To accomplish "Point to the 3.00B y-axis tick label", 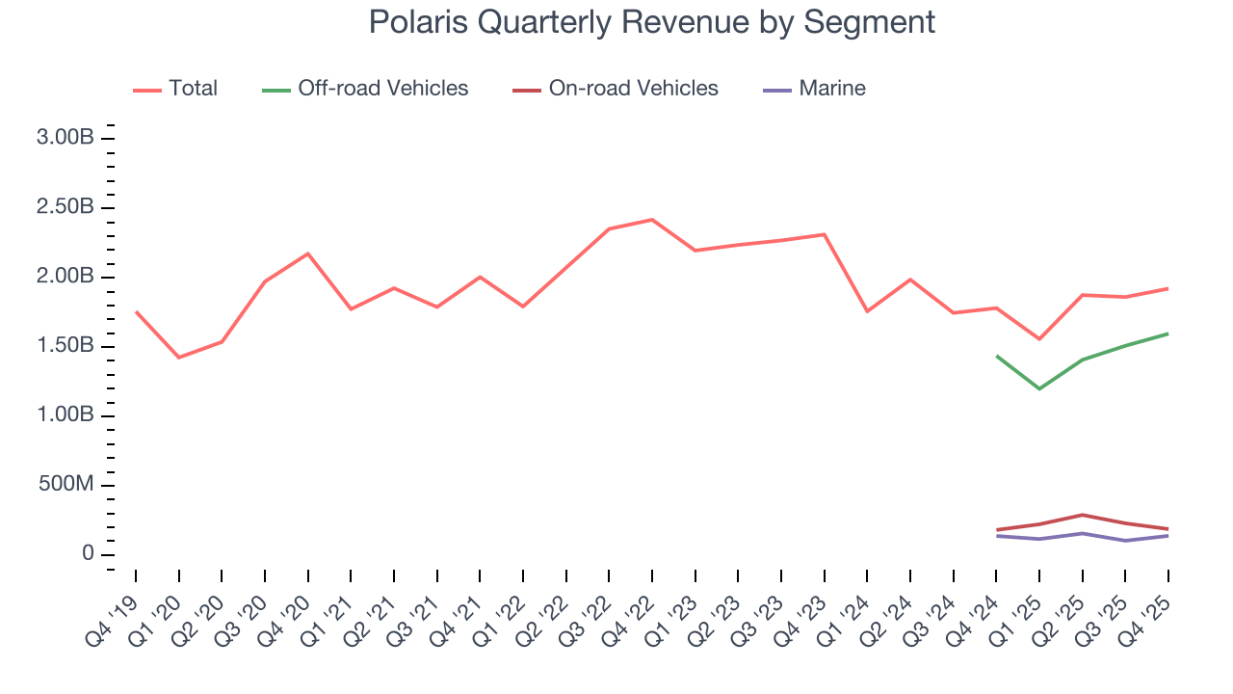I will pos(65,138).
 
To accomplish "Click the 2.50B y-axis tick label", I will pos(65,207).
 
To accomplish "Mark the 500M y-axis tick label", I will pos(65,484).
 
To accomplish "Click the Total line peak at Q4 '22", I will pos(652,220).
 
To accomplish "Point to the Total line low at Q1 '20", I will pos(178,358).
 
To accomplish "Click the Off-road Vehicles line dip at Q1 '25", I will pos(1039,388).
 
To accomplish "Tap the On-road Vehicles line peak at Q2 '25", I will pos(1083,515).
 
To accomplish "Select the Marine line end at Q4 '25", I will pos(1168,535).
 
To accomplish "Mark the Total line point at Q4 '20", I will pos(307,254).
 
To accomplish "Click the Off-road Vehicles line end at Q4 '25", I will pos(1168,334).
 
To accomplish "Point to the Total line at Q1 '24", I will pos(867,310).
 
